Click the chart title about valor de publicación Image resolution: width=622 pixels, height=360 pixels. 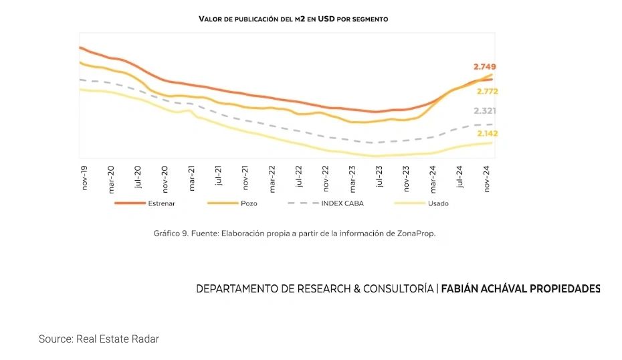[x=293, y=19]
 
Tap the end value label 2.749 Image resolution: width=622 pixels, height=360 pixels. [x=484, y=67]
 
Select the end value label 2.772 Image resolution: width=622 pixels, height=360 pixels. [x=487, y=92]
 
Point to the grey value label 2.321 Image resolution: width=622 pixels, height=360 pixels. [x=485, y=111]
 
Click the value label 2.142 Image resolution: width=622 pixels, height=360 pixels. [x=487, y=134]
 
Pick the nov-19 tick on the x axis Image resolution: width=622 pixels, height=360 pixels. [x=85, y=177]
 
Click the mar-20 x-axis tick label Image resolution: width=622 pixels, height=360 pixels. [x=111, y=177]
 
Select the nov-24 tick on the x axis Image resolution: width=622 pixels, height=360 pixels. [x=488, y=177]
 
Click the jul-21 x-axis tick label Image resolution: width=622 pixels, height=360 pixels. [x=219, y=177]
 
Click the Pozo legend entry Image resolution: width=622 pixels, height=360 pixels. [x=249, y=203]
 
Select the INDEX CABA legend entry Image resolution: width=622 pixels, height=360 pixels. [x=342, y=203]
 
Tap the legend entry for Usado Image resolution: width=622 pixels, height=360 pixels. [x=438, y=203]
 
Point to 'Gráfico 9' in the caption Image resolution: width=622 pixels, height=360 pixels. [x=170, y=234]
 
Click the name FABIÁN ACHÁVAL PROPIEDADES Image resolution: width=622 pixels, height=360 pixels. [x=521, y=289]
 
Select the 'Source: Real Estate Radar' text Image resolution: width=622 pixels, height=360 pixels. [x=99, y=339]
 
